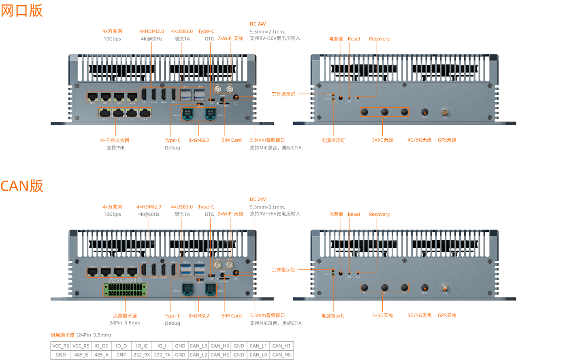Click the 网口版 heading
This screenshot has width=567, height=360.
click(x=22, y=11)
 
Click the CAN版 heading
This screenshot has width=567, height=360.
click(x=22, y=186)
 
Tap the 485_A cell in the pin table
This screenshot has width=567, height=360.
click(x=101, y=355)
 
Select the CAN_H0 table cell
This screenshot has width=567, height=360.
click(x=281, y=355)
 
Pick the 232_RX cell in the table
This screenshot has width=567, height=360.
click(x=141, y=355)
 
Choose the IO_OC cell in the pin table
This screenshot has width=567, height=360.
click(x=101, y=346)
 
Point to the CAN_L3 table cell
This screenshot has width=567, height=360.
click(x=198, y=346)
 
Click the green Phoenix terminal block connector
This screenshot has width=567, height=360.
click(x=125, y=289)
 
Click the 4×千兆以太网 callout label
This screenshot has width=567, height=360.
click(x=115, y=140)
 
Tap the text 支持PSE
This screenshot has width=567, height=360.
click(x=115, y=148)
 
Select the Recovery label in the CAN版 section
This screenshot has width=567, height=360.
click(x=379, y=214)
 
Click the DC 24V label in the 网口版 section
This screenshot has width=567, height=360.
click(x=258, y=24)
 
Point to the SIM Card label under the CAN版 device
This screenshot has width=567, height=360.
click(x=232, y=315)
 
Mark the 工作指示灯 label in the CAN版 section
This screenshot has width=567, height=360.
click(x=283, y=270)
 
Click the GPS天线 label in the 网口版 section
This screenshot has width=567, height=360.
click(x=447, y=140)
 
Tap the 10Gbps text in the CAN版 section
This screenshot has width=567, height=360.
click(x=112, y=214)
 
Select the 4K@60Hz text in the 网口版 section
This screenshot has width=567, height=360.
click(x=151, y=39)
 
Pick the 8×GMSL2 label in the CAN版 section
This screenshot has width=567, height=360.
click(x=198, y=315)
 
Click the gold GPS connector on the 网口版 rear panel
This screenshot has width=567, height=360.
click(x=445, y=111)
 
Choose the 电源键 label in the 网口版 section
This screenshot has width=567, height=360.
click(x=336, y=39)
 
